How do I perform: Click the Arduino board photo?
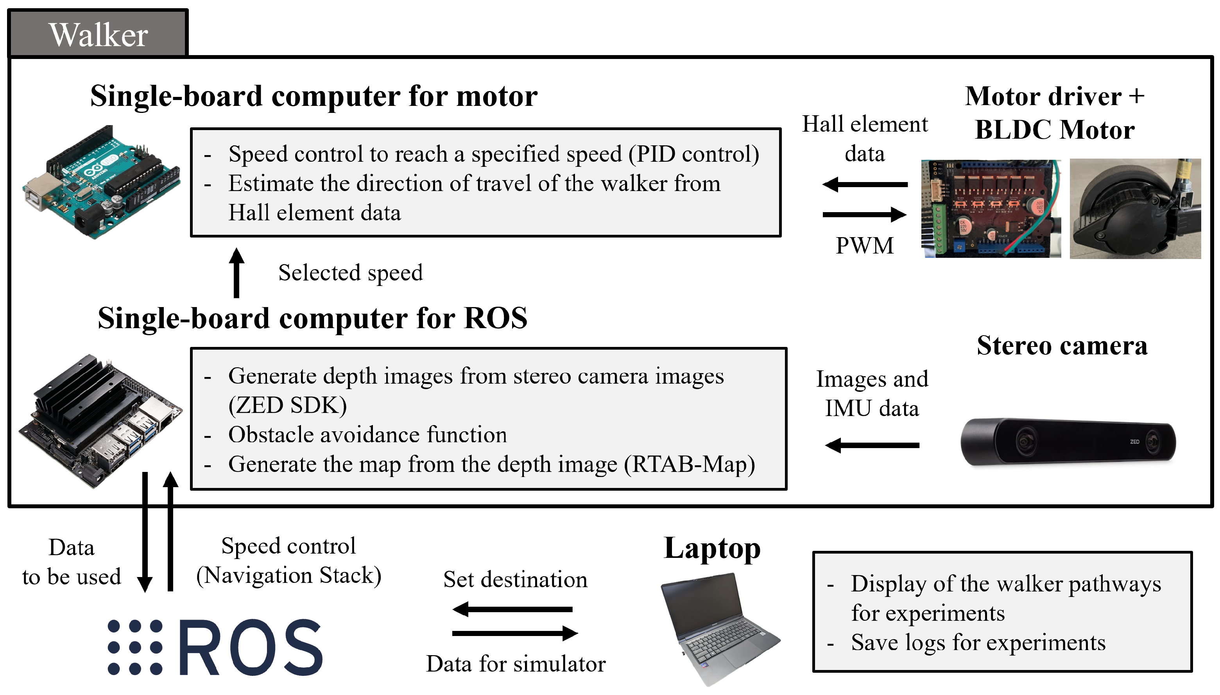pos(101,182)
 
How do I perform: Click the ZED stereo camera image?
pos(1068,442)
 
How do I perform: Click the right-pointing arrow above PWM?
pos(864,214)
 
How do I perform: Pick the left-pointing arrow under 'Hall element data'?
pos(864,184)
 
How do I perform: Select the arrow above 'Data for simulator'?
pos(515,633)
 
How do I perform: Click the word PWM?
pos(864,245)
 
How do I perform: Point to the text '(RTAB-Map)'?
pos(690,464)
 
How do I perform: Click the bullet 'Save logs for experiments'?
pos(978,643)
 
